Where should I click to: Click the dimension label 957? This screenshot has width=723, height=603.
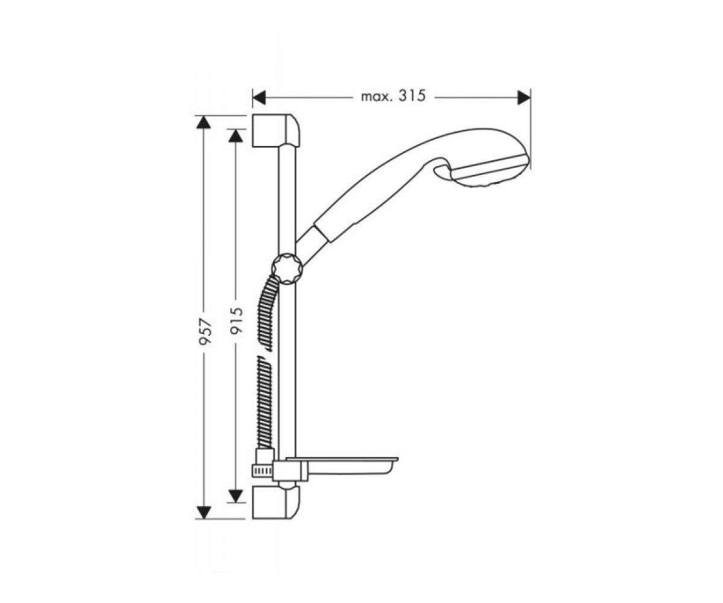point(205,332)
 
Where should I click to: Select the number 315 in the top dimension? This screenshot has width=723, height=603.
point(412,96)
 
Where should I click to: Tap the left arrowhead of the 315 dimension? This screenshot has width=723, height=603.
point(259,98)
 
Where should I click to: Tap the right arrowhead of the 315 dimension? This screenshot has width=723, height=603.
point(524,98)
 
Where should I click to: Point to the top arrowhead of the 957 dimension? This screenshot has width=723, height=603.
point(204,122)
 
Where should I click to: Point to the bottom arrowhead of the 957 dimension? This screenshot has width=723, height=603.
point(204,512)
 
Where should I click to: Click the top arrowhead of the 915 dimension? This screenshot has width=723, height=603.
point(236,136)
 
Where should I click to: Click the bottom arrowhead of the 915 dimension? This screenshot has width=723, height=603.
point(236,496)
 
